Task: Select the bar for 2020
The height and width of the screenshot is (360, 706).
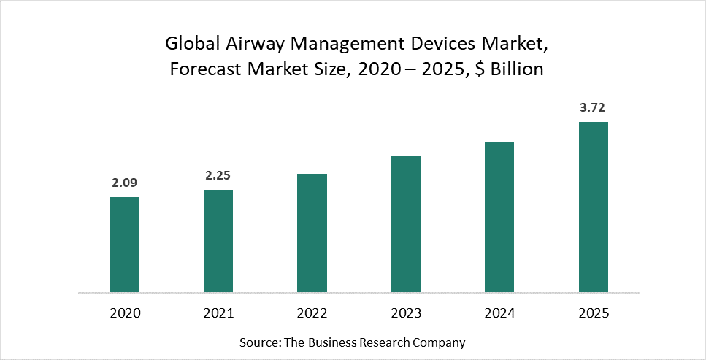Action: (x=125, y=245)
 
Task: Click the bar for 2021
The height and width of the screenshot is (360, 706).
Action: (x=218, y=241)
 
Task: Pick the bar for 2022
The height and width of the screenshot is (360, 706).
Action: (x=312, y=233)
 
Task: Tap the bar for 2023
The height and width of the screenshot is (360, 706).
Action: (x=406, y=223)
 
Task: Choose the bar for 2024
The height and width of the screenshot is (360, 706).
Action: (x=499, y=217)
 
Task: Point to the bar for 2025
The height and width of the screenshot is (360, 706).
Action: (x=593, y=207)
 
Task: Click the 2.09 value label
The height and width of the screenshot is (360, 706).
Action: (x=125, y=183)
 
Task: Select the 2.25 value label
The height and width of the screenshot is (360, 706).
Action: (x=218, y=175)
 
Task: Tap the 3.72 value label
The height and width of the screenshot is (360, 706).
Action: (x=593, y=107)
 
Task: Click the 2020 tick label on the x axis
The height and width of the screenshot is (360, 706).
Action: (x=125, y=313)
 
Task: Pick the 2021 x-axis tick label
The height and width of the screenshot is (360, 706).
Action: (x=218, y=313)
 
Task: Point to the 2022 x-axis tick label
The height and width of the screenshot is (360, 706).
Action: (x=312, y=313)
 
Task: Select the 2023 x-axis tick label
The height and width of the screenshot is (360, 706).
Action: (x=406, y=313)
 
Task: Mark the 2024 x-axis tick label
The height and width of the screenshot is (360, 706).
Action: (x=499, y=313)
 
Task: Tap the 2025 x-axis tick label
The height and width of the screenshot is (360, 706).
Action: (x=593, y=313)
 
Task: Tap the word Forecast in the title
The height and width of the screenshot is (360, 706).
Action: (x=200, y=71)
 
